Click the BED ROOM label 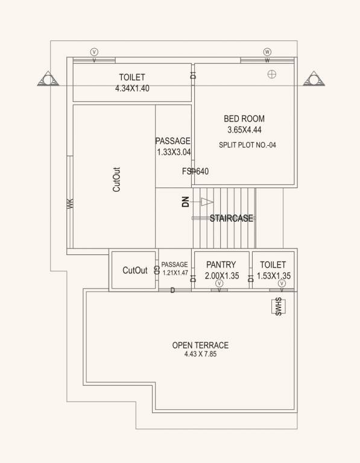point(244,119)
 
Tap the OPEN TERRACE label point(200,345)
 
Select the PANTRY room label point(220,265)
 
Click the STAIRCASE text point(232,219)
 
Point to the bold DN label point(186,202)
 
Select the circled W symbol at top point(267,52)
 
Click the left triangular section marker point(46,79)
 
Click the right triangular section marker point(313,79)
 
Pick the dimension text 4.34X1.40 point(132,88)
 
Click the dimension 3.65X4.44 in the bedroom point(244,130)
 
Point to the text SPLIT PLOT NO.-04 point(247,145)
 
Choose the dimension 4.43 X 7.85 point(200,355)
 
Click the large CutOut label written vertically point(116,179)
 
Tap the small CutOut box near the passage point(134,271)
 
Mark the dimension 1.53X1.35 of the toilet point(273,276)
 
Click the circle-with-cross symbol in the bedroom point(272,74)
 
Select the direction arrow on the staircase point(207,201)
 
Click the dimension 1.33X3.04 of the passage point(173,152)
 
